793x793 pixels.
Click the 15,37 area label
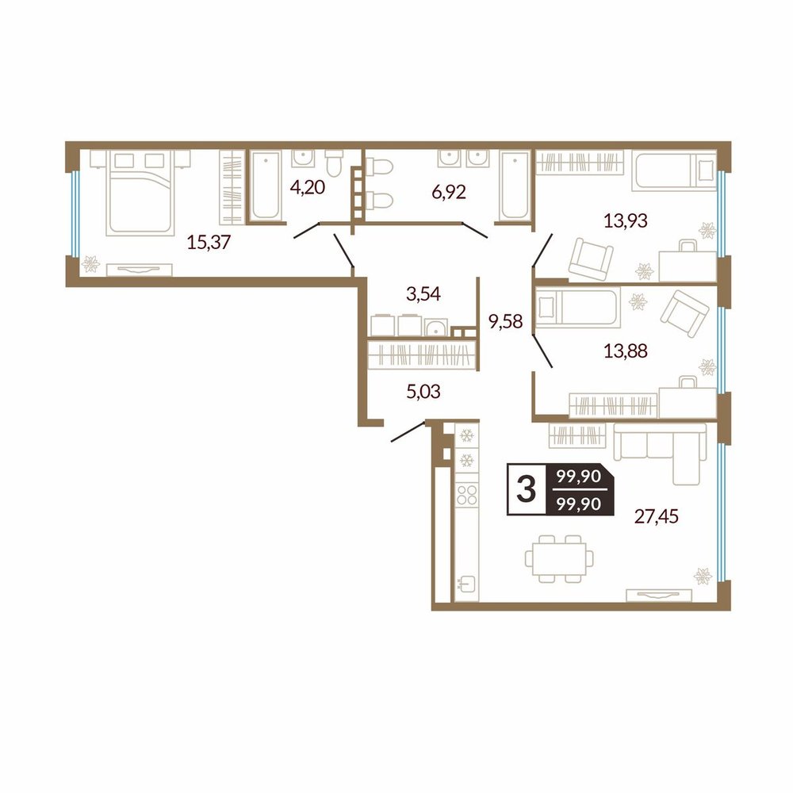pos(209,243)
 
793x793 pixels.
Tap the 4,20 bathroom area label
pos(307,188)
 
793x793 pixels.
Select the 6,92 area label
pos(449,192)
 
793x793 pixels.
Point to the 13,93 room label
pos(626,220)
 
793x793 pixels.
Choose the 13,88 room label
pos(626,350)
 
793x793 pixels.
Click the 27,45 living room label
pos(657,516)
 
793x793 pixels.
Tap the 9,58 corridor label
pos(504,320)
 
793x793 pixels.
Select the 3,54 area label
pos(423,293)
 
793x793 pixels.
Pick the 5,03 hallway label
pos(423,391)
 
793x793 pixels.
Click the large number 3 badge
pos(527,489)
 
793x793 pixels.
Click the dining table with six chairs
pos(559,558)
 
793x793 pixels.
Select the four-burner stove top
pos(466,495)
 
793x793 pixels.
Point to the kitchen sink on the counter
pos(466,584)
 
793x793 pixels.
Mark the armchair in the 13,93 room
pos(591,260)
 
